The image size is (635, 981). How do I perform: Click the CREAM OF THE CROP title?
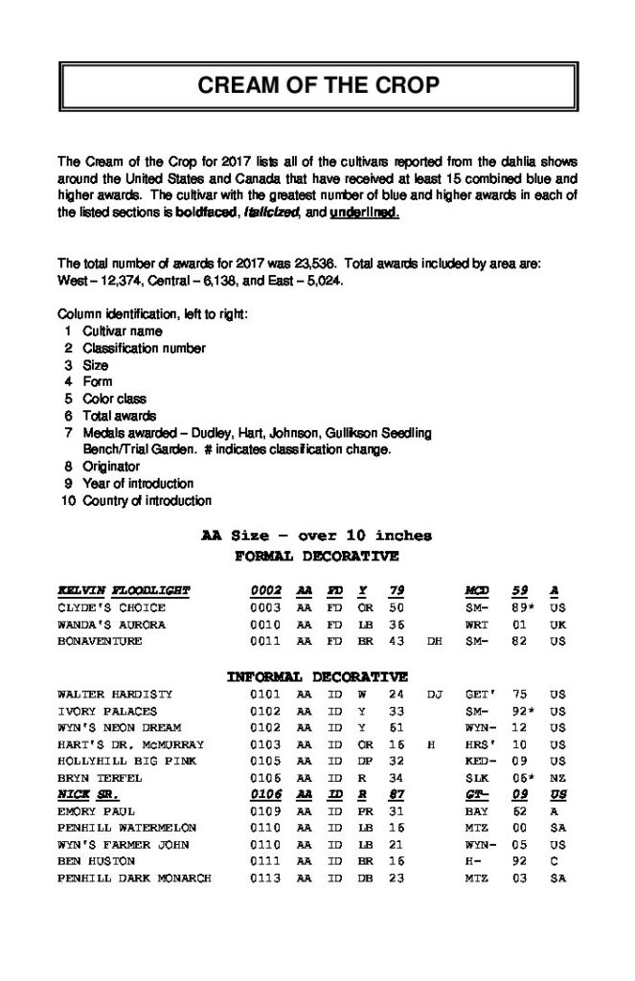(x=318, y=85)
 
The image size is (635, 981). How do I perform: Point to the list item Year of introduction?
(x=138, y=484)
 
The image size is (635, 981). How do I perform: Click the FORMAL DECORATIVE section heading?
(x=316, y=556)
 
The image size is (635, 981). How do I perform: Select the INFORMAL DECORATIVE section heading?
(x=317, y=677)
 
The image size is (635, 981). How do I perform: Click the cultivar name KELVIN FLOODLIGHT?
(x=125, y=590)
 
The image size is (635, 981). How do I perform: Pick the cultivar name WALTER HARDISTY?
(x=115, y=694)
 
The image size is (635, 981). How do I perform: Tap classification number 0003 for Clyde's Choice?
(x=265, y=607)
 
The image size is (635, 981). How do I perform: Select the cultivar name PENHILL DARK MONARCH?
(x=134, y=878)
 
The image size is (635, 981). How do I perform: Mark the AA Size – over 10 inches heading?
(x=316, y=536)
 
